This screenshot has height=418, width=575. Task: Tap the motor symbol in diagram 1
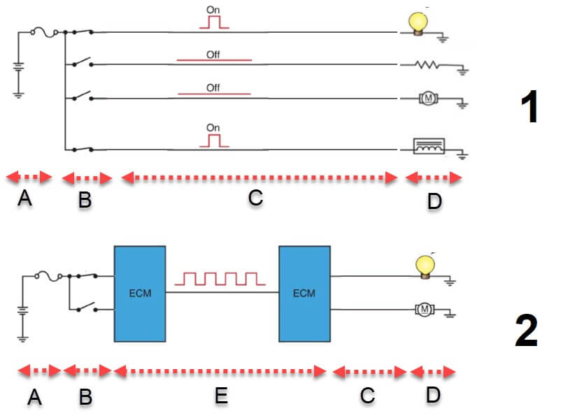(426, 99)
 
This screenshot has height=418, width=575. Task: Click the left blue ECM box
(140, 293)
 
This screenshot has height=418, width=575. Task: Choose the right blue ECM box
(304, 293)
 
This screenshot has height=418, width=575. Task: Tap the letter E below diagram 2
(220, 396)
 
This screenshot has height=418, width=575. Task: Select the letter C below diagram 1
(255, 198)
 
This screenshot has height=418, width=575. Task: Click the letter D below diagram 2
(433, 395)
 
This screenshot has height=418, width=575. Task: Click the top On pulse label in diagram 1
(213, 10)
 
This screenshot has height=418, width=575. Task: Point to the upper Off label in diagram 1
(213, 54)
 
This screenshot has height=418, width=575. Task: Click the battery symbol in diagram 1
(19, 73)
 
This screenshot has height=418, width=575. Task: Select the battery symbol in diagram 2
(23, 318)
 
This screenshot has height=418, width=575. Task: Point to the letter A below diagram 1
(25, 199)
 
